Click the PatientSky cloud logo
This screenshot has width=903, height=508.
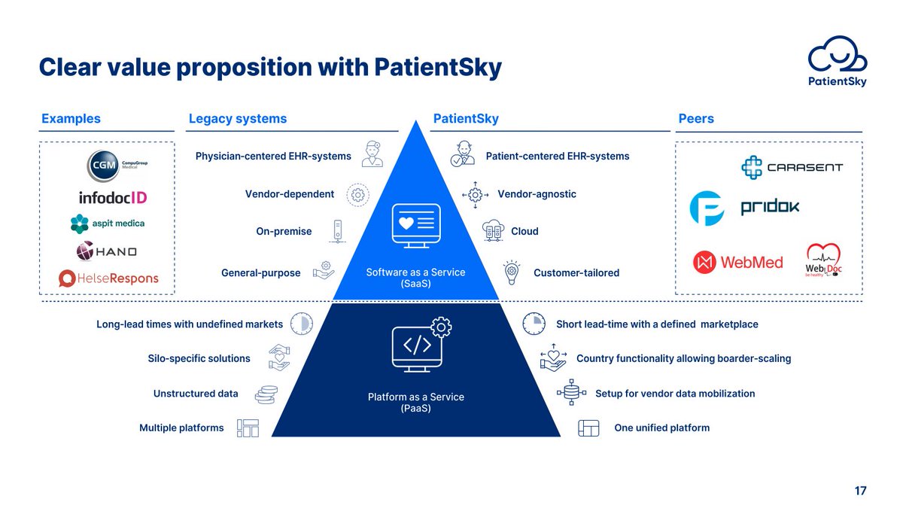coord(838,61)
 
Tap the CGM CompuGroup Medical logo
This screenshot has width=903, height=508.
coord(117,166)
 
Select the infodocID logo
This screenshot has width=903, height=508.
coord(113,197)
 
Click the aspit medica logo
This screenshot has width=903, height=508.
coord(107,224)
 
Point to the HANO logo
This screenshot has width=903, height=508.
coord(106,251)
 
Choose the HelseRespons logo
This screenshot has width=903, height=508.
coord(108,278)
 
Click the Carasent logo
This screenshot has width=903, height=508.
coord(792,167)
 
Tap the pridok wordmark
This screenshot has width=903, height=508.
coord(770,207)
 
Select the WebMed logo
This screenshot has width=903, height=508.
coord(737,263)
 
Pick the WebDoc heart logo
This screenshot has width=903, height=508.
coord(823,260)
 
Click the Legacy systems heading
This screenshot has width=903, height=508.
coord(238,119)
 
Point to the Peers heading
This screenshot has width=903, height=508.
coord(696,119)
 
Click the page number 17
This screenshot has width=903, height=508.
coord(860,491)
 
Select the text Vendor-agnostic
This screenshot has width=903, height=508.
coord(537,194)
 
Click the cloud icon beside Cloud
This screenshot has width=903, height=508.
coord(493,230)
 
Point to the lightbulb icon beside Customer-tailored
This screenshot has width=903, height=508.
coord(512,272)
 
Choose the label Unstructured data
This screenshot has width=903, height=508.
coord(196,394)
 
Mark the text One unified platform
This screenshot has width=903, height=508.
coord(662,427)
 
